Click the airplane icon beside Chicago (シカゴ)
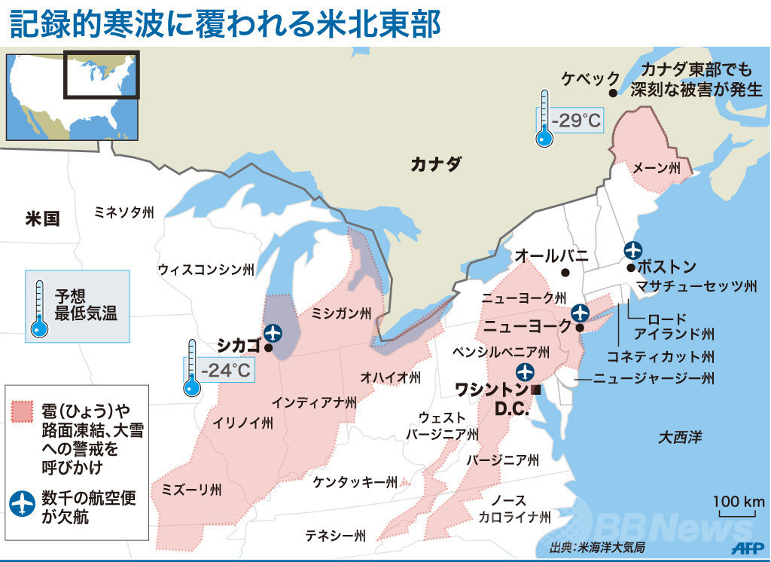click(x=273, y=331)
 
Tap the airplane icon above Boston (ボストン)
click(x=633, y=250)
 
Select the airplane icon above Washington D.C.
click(x=525, y=371)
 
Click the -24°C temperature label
click(x=225, y=370)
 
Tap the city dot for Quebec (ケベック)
click(x=613, y=93)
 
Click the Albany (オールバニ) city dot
click(x=565, y=273)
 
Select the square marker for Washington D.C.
click(x=536, y=389)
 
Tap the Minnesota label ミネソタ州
click(x=124, y=212)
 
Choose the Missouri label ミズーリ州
click(x=191, y=490)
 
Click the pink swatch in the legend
click(x=23, y=411)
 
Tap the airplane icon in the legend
click(x=23, y=503)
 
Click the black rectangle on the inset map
click(x=101, y=74)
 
